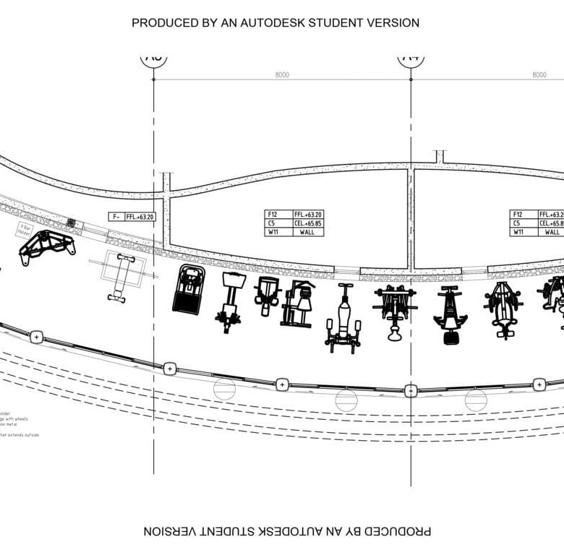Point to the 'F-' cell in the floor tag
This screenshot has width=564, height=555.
pos(116,216)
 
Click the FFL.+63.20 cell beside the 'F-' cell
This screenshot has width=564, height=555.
pos(140,216)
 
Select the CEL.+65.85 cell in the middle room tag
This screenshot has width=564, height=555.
pos(307,223)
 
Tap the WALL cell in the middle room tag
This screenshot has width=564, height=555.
pos(307,232)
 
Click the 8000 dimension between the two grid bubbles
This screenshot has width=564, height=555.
pos(282,74)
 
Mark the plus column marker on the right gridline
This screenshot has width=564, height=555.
pos(411,391)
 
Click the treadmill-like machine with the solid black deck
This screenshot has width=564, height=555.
pos(188,289)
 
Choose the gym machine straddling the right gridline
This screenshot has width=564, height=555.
pos(395,309)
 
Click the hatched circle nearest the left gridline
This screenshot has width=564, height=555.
pos(224,389)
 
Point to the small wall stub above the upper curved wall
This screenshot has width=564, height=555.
pos(440,156)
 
